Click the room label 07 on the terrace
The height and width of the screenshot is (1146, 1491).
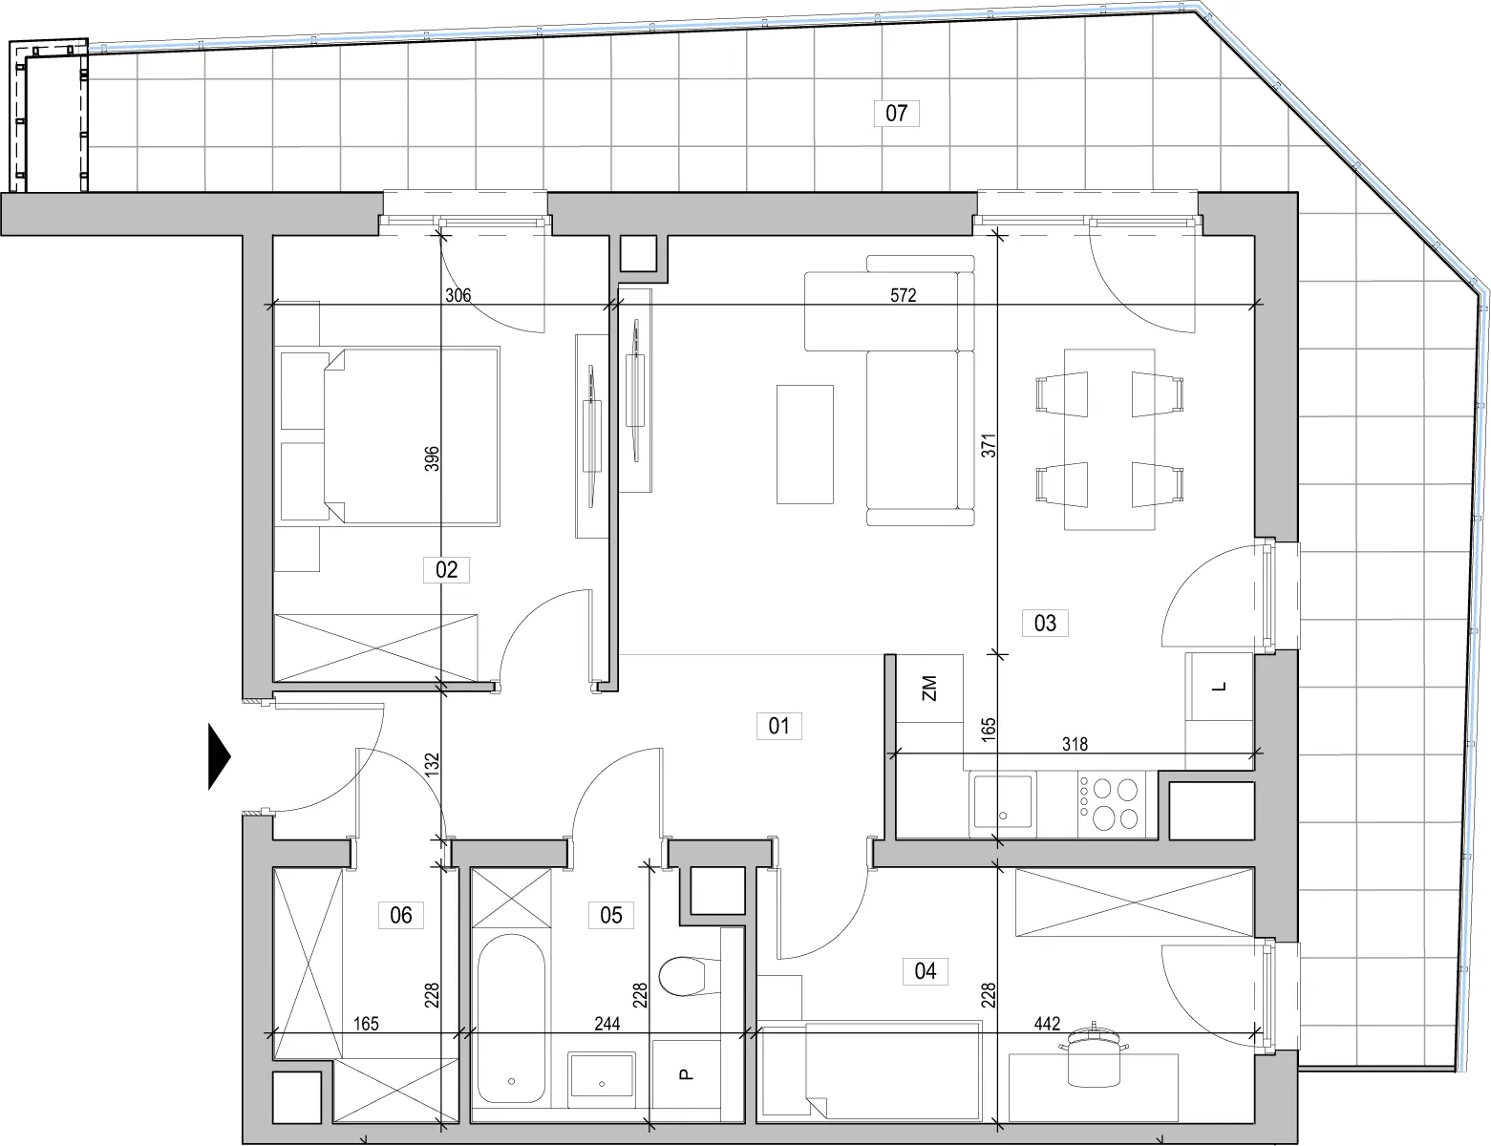click(896, 113)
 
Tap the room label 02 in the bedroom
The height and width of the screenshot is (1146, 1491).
click(446, 569)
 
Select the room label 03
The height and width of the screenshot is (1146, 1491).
click(1044, 623)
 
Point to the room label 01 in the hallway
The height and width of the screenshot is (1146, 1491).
click(778, 726)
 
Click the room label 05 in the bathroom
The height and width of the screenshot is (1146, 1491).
click(610, 915)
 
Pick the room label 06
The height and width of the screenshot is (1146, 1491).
click(401, 915)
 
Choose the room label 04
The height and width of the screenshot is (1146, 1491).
click(925, 971)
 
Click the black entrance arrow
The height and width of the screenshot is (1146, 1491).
click(219, 757)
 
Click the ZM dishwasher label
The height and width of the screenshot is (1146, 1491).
click(929, 688)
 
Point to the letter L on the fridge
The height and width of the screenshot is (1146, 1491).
click(1220, 687)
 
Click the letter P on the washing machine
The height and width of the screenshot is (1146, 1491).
click(686, 1074)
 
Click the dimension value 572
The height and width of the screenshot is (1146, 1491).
click(903, 295)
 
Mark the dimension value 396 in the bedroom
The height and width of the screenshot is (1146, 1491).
click(432, 458)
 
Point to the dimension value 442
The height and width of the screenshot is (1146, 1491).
click(1047, 1024)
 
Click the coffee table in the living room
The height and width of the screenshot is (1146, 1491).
click(805, 444)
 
